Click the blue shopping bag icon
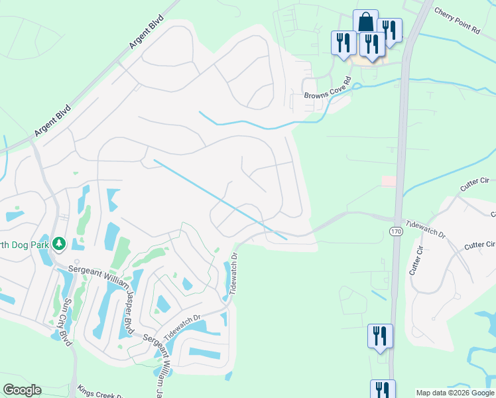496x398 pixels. (365, 21)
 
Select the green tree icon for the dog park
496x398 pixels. (59, 243)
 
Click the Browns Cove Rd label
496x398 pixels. (327, 95)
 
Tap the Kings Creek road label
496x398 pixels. (99, 391)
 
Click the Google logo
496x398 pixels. (22, 390)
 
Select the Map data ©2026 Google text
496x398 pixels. (455, 393)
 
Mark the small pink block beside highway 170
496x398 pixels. (389, 181)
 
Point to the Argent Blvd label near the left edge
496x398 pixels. (52, 120)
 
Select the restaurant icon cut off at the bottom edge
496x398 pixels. (383, 389)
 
